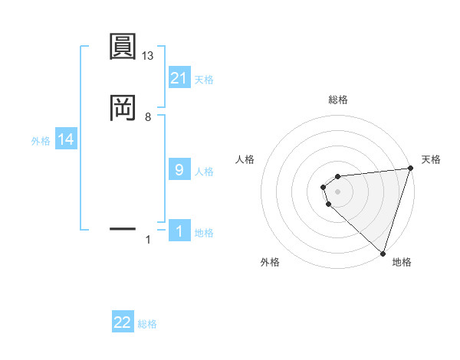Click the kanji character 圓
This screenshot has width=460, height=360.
(x=122, y=47)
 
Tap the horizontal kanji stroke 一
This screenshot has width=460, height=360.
(x=122, y=228)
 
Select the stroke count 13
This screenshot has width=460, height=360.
(x=148, y=57)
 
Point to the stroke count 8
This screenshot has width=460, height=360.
(x=148, y=117)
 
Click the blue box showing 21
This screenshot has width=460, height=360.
(x=179, y=77)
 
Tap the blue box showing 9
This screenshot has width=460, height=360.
(x=179, y=170)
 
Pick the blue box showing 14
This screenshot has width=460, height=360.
(x=66, y=139)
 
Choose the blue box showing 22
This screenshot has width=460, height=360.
(x=123, y=322)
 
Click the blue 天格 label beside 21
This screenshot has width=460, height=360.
(x=205, y=79)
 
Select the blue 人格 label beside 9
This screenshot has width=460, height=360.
(x=205, y=172)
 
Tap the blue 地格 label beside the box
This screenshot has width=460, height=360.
(x=205, y=233)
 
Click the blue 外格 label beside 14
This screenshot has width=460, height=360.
(x=41, y=141)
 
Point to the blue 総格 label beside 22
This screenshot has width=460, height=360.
(x=148, y=324)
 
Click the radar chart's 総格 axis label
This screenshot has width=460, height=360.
(x=338, y=100)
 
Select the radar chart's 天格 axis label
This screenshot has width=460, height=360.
(x=431, y=159)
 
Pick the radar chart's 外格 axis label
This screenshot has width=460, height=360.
(x=270, y=262)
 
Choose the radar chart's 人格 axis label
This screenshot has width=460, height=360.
(x=245, y=159)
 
